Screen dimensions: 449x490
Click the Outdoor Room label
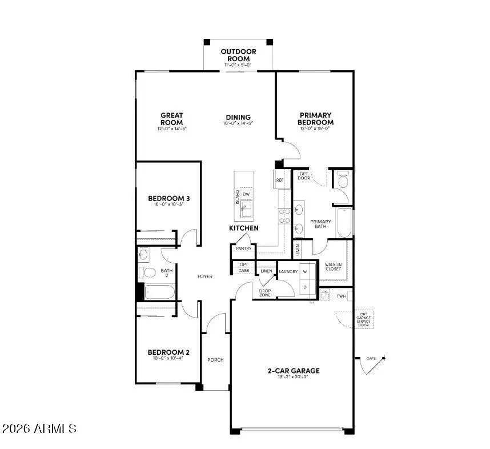[x=239, y=55]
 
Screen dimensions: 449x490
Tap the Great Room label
[x=171, y=119]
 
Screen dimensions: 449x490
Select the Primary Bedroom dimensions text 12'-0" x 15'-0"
[x=315, y=129]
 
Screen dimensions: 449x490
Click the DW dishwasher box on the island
[x=246, y=194]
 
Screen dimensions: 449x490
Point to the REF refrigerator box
[x=280, y=180]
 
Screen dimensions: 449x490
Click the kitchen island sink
[x=246, y=212]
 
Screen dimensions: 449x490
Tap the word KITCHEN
[x=244, y=228]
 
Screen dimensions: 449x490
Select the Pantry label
[x=244, y=248]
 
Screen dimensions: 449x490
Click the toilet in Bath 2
[x=146, y=272]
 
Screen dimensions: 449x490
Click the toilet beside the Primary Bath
[x=343, y=182]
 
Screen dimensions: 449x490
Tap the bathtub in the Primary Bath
[x=344, y=223]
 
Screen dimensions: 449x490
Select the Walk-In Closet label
[x=333, y=267]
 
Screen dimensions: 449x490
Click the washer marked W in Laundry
[x=305, y=271]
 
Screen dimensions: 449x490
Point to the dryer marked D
[x=305, y=287]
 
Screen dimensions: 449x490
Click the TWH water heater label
[x=341, y=296]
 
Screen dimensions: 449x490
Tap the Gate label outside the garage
[x=371, y=358]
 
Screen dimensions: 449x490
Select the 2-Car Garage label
[x=294, y=371]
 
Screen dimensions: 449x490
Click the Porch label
[x=215, y=359]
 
